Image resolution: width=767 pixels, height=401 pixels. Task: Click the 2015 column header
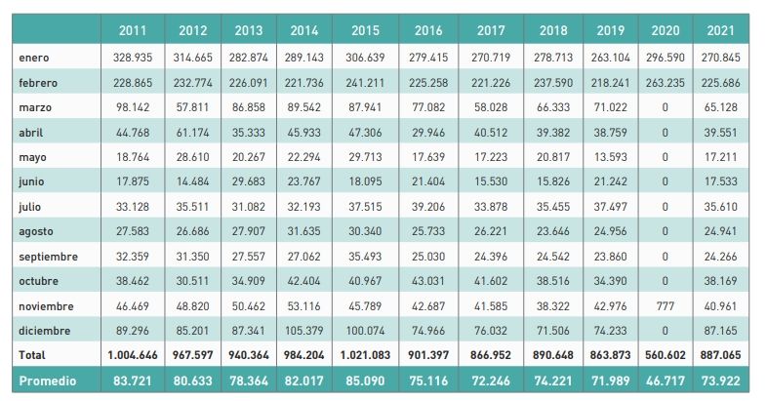(362, 31)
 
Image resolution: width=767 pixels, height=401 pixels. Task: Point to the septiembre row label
(46, 257)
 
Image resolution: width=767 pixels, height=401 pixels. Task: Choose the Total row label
(32, 355)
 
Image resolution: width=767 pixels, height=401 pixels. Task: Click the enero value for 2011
(132, 59)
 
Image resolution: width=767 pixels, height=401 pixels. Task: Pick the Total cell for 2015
(362, 355)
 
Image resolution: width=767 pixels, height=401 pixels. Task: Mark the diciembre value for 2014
(306, 331)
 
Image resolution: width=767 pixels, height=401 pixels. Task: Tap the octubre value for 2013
(249, 281)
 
